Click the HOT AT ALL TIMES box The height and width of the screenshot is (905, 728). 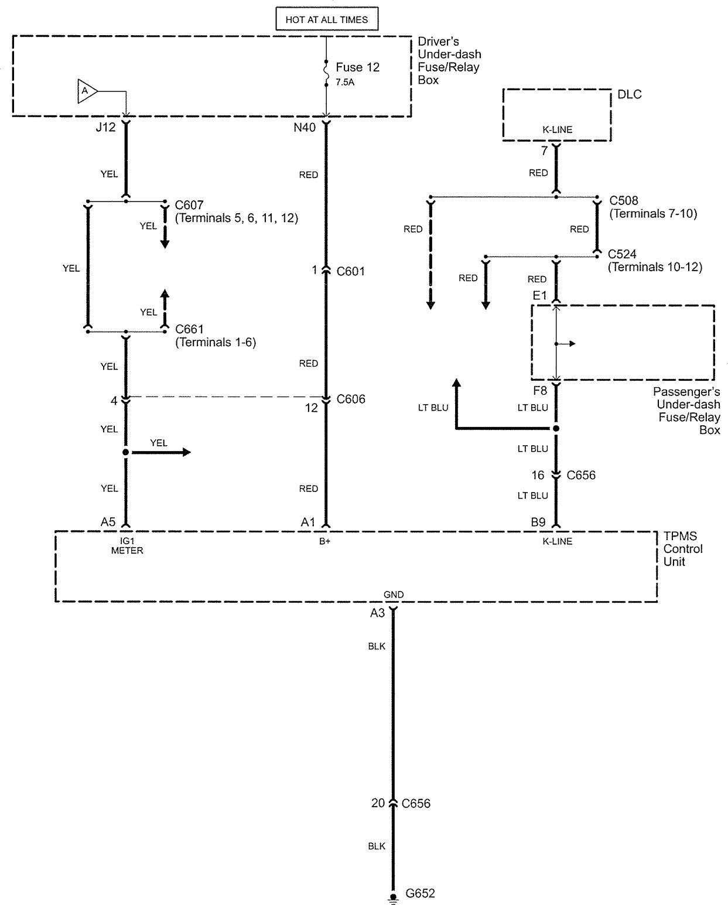pyautogui.click(x=327, y=19)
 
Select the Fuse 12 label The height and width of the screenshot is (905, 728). pyautogui.click(x=357, y=67)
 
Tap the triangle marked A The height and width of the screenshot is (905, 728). pyautogui.click(x=86, y=91)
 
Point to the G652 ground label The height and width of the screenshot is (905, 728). pyautogui.click(x=420, y=894)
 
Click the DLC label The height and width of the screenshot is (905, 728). pyautogui.click(x=630, y=94)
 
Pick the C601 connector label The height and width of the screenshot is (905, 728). pyautogui.click(x=350, y=271)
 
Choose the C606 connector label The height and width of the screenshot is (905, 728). pyautogui.click(x=351, y=399)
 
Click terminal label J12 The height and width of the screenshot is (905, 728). pyautogui.click(x=105, y=127)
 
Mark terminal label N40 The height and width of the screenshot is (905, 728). pyautogui.click(x=305, y=127)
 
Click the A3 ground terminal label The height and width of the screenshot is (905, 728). pyautogui.click(x=377, y=613)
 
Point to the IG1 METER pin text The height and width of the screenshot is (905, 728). pyautogui.click(x=127, y=546)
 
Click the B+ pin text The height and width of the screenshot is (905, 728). pyautogui.click(x=324, y=541)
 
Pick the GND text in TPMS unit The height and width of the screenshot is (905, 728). pyautogui.click(x=393, y=595)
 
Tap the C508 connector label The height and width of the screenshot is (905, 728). pyautogui.click(x=624, y=200)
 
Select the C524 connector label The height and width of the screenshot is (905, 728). pyautogui.click(x=622, y=254)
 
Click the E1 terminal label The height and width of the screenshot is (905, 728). pyautogui.click(x=539, y=296)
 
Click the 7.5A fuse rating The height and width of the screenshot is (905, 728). pyautogui.click(x=345, y=83)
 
